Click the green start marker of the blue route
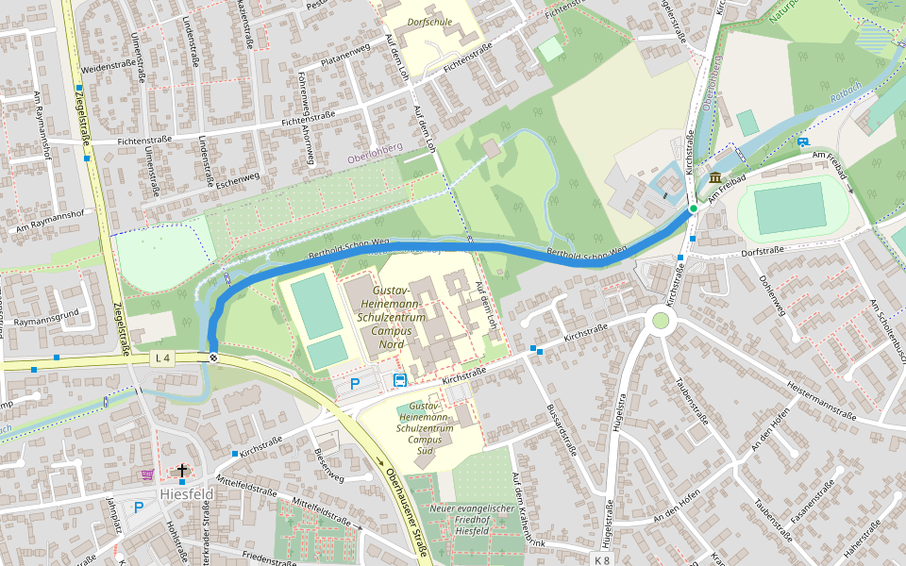(x=693, y=208)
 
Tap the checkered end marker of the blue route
(x=214, y=357)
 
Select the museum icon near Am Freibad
(x=715, y=178)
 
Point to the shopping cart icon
(x=147, y=474)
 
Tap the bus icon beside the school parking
(x=399, y=381)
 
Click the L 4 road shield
(x=163, y=358)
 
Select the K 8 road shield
(x=602, y=559)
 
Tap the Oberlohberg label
(x=375, y=148)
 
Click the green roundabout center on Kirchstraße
(x=660, y=321)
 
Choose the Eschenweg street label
(x=236, y=176)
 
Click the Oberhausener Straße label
(x=406, y=509)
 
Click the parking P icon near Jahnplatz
(x=139, y=508)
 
